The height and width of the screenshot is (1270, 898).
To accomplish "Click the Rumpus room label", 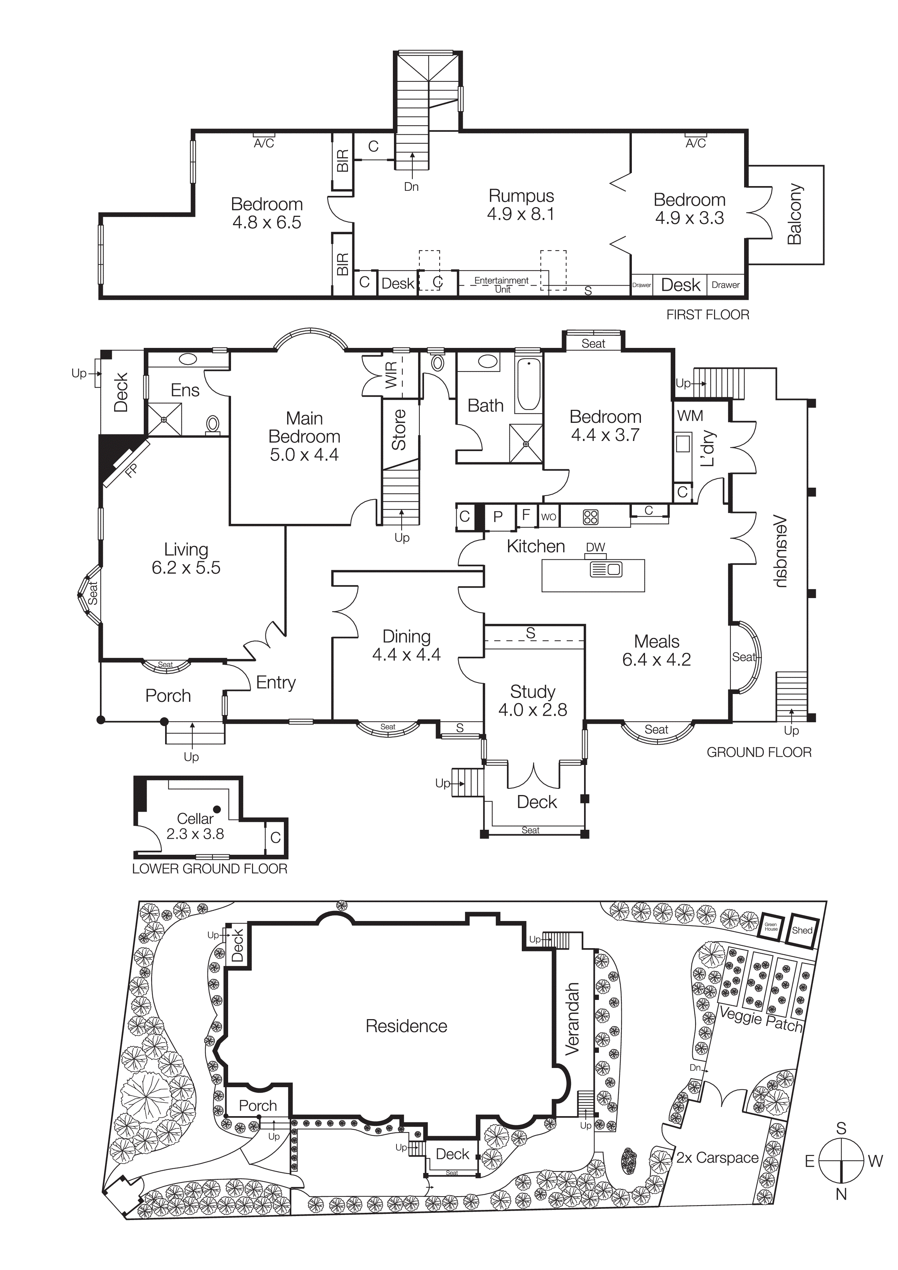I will point(521,196).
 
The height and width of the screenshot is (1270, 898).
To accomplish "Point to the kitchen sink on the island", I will point(607,569).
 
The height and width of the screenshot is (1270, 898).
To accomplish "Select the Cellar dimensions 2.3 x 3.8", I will point(195,834).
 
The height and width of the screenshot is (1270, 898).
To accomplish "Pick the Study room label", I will point(532,691).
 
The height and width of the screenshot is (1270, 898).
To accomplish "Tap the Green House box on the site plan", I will point(771,926).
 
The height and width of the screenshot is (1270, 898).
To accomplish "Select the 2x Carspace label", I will point(717,1158).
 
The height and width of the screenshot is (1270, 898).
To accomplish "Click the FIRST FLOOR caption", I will point(708,315).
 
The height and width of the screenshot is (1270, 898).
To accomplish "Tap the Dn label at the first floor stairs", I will point(411,186).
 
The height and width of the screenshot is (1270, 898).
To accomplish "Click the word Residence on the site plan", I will point(406,1026).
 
